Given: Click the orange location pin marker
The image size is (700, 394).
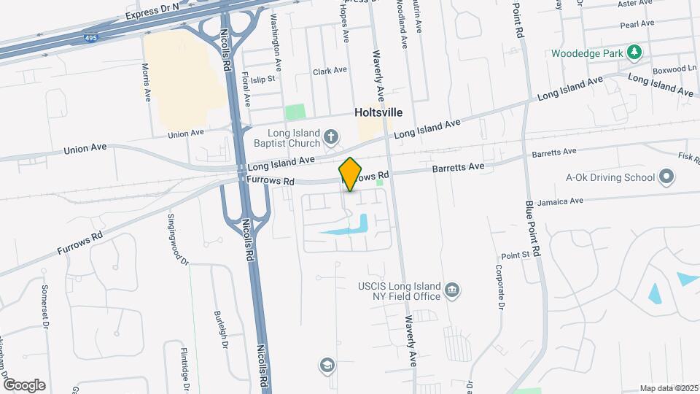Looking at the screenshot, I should click(351, 174).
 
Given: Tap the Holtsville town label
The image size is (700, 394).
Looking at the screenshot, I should click(378, 113).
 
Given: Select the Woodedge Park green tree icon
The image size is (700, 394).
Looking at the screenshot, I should click(634, 53).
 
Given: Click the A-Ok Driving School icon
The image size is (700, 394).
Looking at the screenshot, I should click(665, 176).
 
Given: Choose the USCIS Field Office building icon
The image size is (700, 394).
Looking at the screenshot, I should click(452, 291).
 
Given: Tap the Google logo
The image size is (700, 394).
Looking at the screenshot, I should click(24, 385).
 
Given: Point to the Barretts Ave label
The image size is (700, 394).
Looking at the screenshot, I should click(459, 167).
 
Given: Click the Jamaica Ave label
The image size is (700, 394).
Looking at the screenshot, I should click(559, 201).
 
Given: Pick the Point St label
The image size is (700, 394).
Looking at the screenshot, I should click(514, 255).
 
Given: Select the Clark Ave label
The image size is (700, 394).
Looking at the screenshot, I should click(330, 71).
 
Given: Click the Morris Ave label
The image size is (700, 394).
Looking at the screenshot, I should click(147, 81).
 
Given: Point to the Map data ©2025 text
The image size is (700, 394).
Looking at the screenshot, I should click(669, 388).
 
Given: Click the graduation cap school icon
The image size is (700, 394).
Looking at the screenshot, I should click(327, 364).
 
